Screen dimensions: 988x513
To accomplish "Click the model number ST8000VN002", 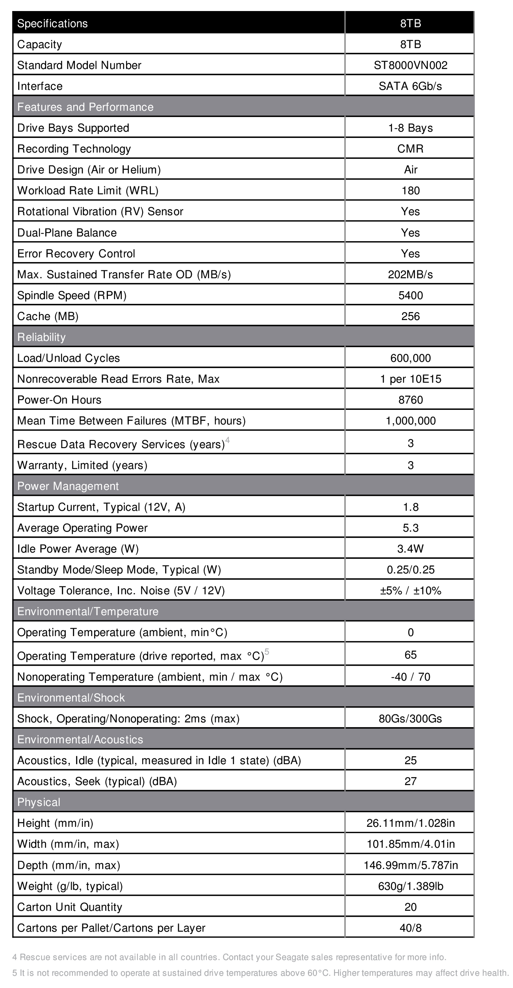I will pyautogui.click(x=410, y=65).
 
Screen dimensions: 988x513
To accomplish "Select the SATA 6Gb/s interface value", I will pyautogui.click(x=410, y=86).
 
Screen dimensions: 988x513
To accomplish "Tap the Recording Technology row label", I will pyautogui.click(x=74, y=149).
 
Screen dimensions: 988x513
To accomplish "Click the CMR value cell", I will pyautogui.click(x=410, y=149).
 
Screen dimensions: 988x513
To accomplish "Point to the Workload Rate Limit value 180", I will pyautogui.click(x=410, y=190).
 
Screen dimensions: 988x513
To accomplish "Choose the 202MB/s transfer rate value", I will pyautogui.click(x=410, y=274).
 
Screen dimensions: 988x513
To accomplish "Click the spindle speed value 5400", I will pyautogui.click(x=410, y=295).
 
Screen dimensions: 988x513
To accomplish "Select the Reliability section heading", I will pyautogui.click(x=41, y=337).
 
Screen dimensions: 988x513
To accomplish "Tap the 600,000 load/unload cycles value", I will pyautogui.click(x=410, y=358).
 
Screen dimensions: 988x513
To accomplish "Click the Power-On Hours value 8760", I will pyautogui.click(x=410, y=400).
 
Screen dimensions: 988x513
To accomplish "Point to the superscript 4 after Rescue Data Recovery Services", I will pyautogui.click(x=227, y=440).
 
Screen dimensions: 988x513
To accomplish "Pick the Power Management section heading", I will pyautogui.click(x=68, y=486).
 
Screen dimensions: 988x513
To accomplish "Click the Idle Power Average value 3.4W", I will pyautogui.click(x=410, y=549).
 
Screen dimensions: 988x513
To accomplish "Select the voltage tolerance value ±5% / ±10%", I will pyautogui.click(x=410, y=590).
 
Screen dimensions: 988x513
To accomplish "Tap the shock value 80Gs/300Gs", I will pyautogui.click(x=410, y=718).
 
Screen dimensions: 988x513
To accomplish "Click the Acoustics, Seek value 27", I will pyautogui.click(x=410, y=781).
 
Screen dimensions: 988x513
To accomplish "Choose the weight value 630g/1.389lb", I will pyautogui.click(x=410, y=886).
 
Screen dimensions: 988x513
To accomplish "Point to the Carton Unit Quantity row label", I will pyautogui.click(x=70, y=907).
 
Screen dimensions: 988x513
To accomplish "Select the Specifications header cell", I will pyautogui.click(x=52, y=23).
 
